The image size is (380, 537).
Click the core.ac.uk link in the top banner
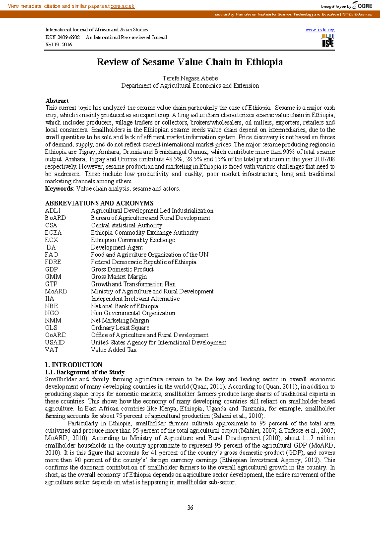point(122,6)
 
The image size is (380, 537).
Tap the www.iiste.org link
point(320,30)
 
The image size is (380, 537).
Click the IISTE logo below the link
point(328,41)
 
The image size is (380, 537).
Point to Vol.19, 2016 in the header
point(59,45)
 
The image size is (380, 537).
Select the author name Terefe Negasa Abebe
point(190,78)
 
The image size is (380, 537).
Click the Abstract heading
point(57,101)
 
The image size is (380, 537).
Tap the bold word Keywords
point(59,188)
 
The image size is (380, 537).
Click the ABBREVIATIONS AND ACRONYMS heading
point(99,203)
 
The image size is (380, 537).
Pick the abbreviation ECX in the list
point(51,240)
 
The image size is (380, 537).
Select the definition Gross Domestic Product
point(122,269)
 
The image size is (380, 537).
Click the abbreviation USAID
point(54,342)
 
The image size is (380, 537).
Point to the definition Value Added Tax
point(114,349)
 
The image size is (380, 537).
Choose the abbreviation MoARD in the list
point(56,291)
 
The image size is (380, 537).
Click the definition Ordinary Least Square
point(120,328)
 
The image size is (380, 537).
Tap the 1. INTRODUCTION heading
point(73,365)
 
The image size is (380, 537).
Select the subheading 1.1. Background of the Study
point(85,372)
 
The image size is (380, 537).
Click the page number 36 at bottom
point(190,508)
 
